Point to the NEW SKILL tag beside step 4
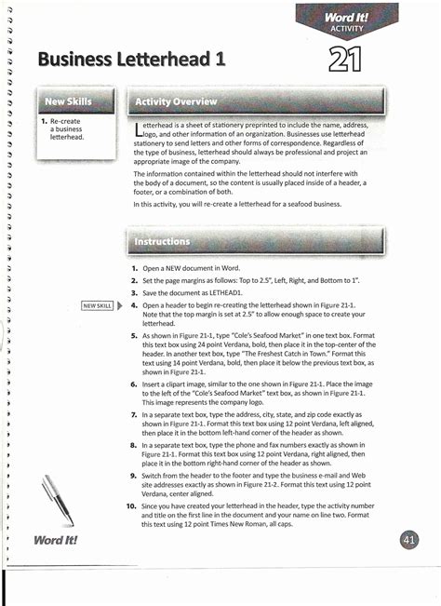click(x=97, y=304)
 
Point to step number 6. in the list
click(x=135, y=384)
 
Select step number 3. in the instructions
click(x=135, y=292)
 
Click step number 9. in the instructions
click(x=135, y=475)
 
